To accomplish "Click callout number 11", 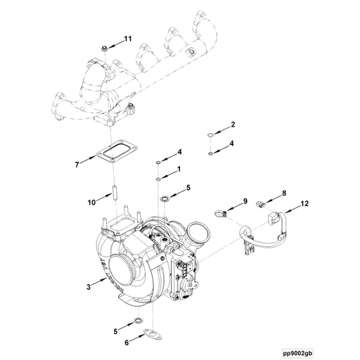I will coord(127,37).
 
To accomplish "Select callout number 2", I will coord(233,125).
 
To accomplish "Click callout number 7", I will coord(78,165).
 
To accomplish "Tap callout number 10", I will coord(91,202).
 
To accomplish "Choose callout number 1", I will coord(179,169).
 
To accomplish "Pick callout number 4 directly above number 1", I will coord(179,152).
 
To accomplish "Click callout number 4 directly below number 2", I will coord(233,143).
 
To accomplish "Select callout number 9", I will coord(245,202).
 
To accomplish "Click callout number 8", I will coord(283,192).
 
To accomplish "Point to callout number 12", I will coord(304,203).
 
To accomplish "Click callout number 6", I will coord(127,342).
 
